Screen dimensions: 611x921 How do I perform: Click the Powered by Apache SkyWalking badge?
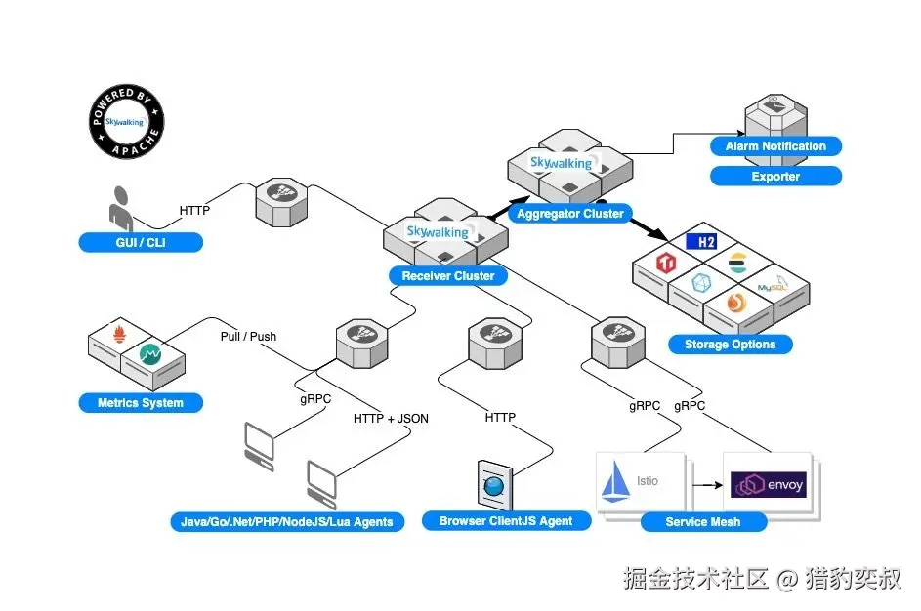point(126,123)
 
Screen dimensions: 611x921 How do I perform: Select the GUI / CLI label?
point(141,242)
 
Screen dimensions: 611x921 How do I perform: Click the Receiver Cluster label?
point(448,276)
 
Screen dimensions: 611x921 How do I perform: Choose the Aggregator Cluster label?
point(569,214)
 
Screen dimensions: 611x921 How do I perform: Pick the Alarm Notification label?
point(775,146)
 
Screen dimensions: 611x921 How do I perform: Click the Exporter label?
point(775,177)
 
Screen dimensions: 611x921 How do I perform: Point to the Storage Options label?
point(730,345)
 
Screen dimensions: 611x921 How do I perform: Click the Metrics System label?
point(141,403)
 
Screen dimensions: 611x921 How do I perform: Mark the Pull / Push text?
point(248,337)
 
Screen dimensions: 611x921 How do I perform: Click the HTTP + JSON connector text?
point(391,419)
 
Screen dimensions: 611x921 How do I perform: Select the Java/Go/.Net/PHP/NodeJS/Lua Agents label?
point(287,522)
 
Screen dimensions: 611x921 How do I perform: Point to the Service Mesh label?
point(703,522)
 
